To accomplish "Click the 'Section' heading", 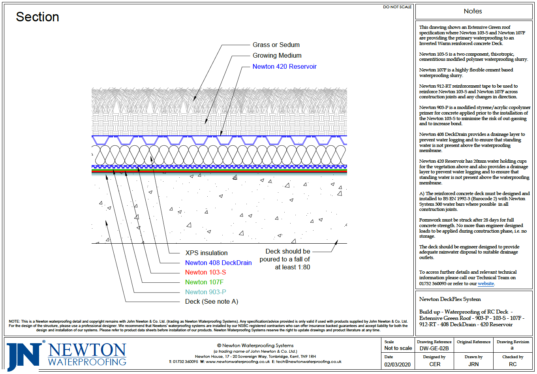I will point(38,17).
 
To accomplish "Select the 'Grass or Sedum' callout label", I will point(276,45).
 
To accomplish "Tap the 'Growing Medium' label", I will point(277,56).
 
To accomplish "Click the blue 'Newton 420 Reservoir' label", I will point(284,67).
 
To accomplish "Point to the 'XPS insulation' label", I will point(207,253).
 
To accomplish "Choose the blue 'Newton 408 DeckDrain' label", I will point(218,263).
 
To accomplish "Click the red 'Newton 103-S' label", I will point(205,273).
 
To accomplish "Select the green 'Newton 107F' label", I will point(204,282).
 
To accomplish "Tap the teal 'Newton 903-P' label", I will point(205,292).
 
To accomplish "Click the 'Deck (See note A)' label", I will point(212,302).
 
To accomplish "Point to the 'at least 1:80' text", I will point(292,267).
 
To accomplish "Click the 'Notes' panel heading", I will point(473,11).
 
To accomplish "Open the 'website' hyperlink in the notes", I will point(486,284).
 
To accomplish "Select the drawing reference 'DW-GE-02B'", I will point(434,348).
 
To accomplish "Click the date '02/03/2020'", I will point(397,365).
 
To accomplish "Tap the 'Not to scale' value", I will point(398,348).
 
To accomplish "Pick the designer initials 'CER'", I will point(435,365).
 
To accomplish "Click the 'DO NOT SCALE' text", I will point(397,7).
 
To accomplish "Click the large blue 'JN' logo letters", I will point(24,355).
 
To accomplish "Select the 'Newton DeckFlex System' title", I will point(450,299).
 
